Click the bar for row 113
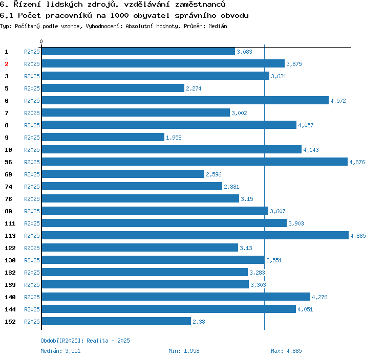195,235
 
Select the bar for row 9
103,137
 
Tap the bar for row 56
194,162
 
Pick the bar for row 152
116,321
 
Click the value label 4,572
338,101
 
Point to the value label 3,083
244,52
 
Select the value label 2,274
194,88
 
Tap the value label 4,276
320,297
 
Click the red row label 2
7,64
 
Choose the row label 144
10,309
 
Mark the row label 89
8,211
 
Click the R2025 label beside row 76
32,199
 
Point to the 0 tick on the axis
41,41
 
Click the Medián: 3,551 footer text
60,351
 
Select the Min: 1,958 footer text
184,351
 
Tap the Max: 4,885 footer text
286,351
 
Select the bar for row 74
132,186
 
